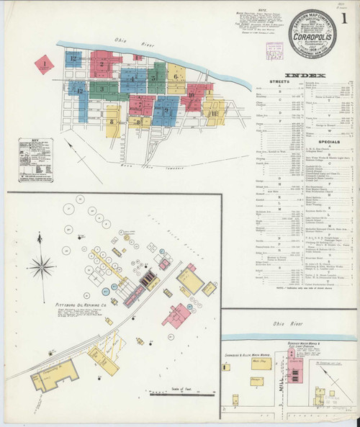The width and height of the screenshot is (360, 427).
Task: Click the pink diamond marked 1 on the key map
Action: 45,65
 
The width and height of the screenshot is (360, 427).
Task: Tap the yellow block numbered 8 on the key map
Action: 137,122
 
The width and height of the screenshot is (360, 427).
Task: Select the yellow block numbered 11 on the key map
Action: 213,113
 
